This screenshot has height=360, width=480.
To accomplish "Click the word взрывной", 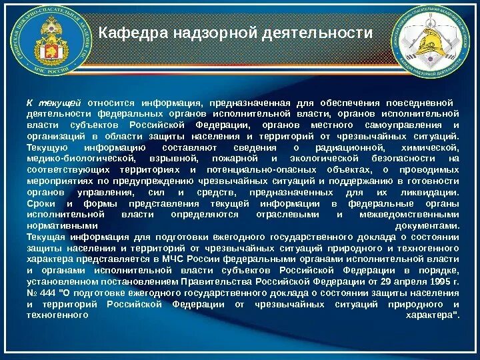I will (175, 159).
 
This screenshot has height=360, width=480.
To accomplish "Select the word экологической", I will (321, 159).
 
